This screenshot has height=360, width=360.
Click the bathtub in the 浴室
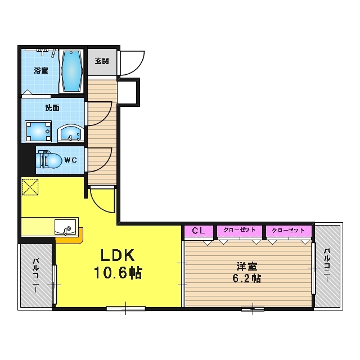[x=71, y=71]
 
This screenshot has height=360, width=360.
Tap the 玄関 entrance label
[x=102, y=61]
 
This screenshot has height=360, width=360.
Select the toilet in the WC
[x=49, y=159]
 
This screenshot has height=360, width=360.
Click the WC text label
[x=71, y=160]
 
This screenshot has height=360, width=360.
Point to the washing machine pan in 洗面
[x=38, y=131]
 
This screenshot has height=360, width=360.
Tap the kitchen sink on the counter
[x=65, y=227]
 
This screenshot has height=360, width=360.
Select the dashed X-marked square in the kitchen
[x=30, y=187]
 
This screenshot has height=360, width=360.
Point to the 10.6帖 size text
[x=118, y=272]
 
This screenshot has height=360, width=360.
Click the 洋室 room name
[x=247, y=266]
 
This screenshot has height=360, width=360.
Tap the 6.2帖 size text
[x=246, y=278]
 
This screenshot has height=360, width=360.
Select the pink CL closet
[x=199, y=231]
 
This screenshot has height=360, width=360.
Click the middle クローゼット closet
[x=240, y=231]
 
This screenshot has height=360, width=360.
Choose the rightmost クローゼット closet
[x=289, y=231]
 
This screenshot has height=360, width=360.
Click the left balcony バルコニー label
[x=35, y=276]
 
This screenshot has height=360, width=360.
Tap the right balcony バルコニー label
[x=327, y=265]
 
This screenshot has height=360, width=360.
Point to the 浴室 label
[x=41, y=70]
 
